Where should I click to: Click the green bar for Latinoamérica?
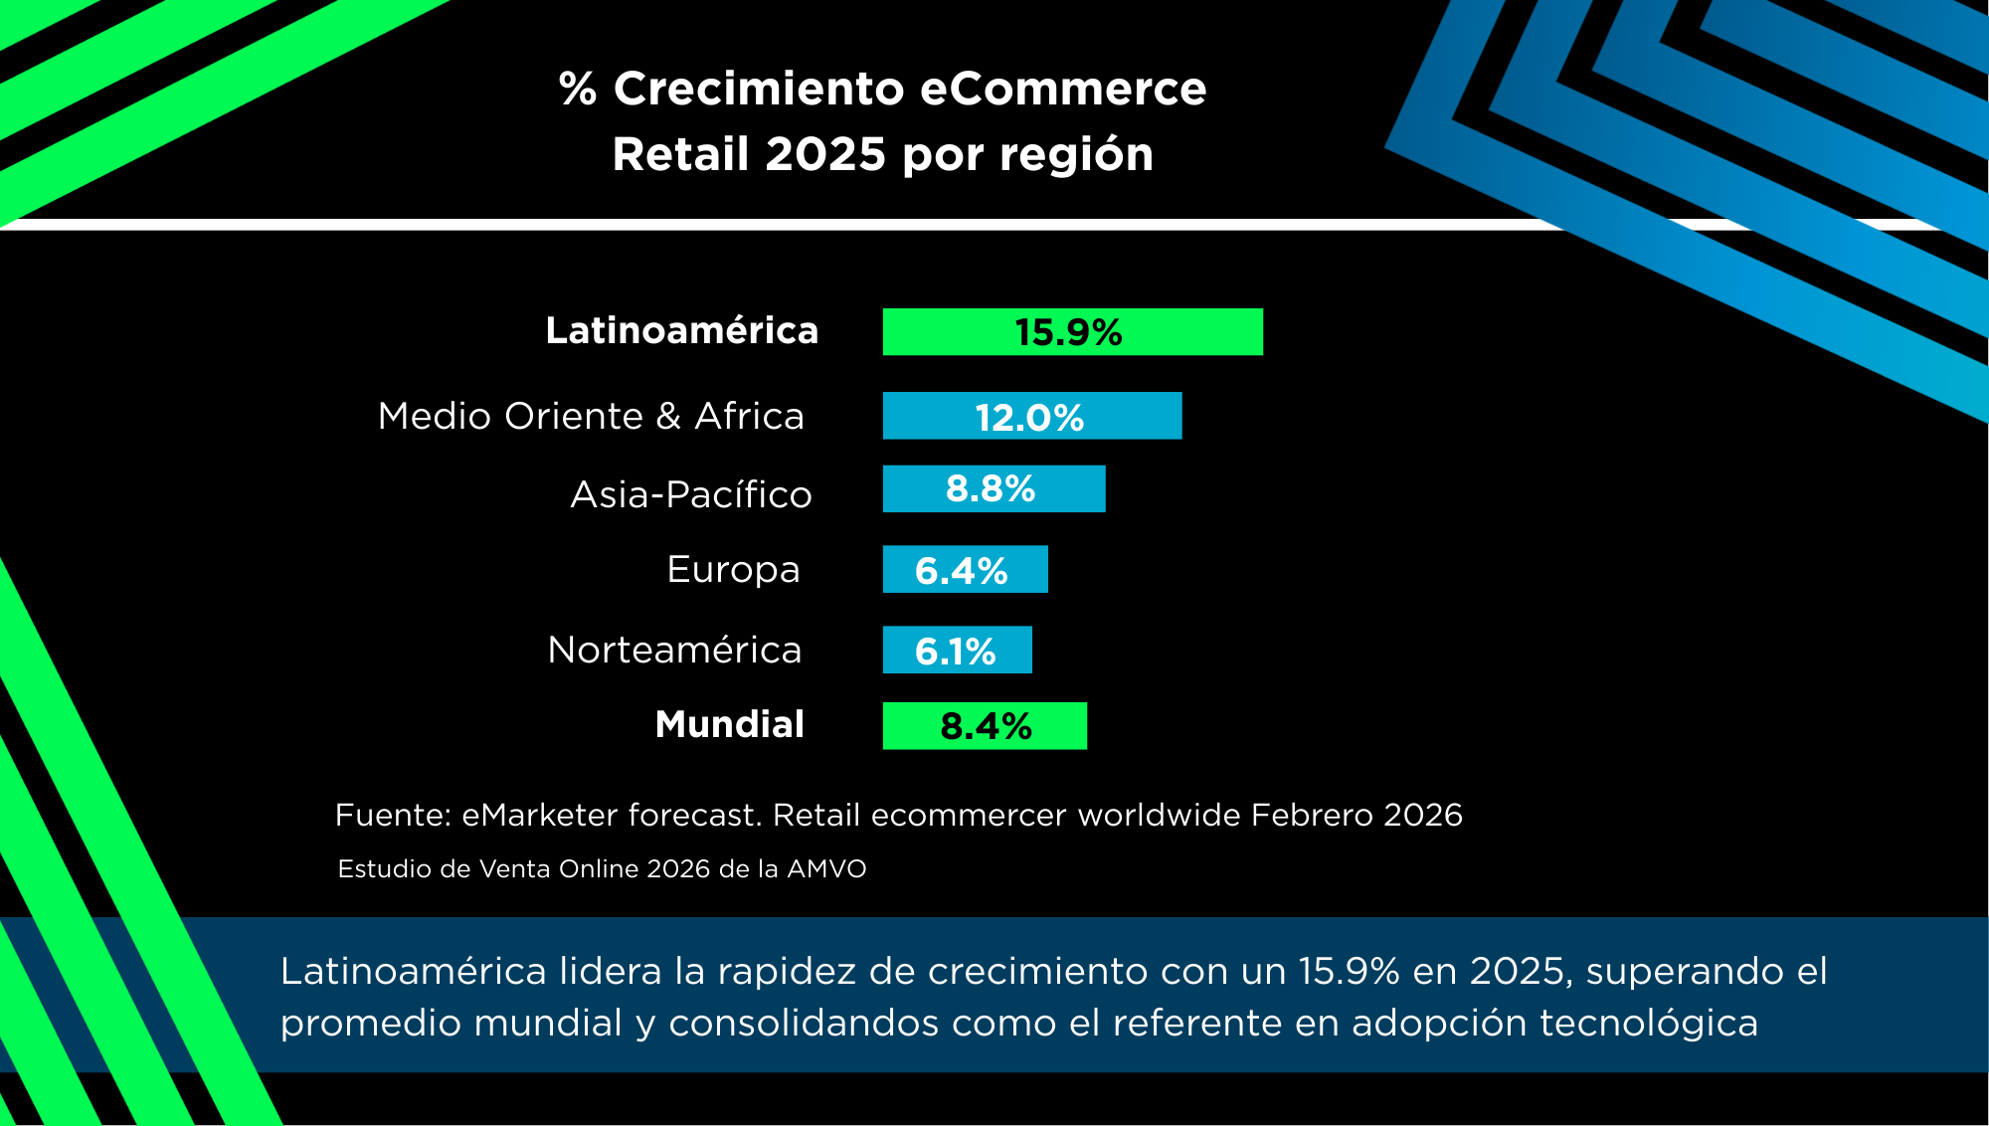[x=1072, y=331]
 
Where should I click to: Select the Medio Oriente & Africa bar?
[x=1031, y=416]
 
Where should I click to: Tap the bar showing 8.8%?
[x=994, y=488]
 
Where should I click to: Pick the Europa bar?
[x=965, y=569]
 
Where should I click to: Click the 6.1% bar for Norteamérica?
[x=957, y=650]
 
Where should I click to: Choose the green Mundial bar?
[x=985, y=725]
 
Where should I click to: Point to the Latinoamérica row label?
[x=681, y=330]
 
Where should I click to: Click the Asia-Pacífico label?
[x=690, y=494]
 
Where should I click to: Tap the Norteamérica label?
[x=674, y=650]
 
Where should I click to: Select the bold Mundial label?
[x=729, y=724]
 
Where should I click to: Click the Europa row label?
[x=733, y=570]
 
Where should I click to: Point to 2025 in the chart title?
[x=824, y=154]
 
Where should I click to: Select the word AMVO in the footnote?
[x=826, y=868]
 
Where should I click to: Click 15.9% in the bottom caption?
[x=1349, y=971]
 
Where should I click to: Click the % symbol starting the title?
[x=578, y=89]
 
